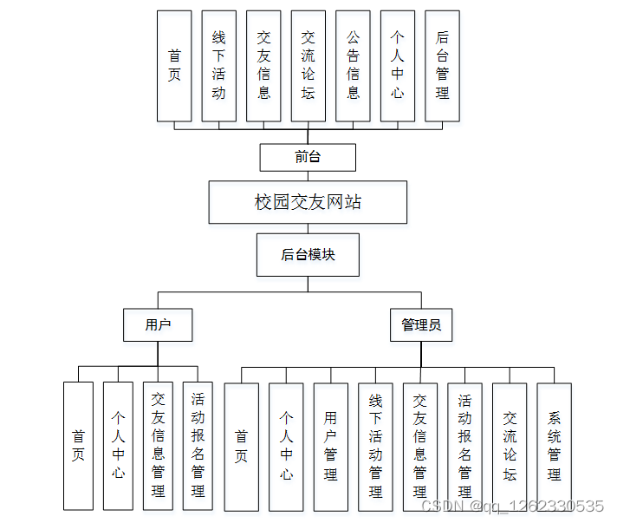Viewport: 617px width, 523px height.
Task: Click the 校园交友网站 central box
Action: pos(308,202)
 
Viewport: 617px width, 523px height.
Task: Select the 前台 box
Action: pos(308,157)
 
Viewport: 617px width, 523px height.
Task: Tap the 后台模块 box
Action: pos(308,254)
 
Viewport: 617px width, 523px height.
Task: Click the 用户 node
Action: pos(158,325)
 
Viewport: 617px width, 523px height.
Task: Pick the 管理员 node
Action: pos(421,325)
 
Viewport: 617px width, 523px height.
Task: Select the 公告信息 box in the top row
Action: pos(353,66)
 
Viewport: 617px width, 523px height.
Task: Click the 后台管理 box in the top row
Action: pos(442,66)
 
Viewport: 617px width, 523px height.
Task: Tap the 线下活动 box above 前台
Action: pos(218,66)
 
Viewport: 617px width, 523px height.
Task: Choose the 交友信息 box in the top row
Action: pos(263,66)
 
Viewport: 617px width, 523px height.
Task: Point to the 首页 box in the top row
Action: pos(174,66)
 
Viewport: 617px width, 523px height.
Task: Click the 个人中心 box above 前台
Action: pos(397,66)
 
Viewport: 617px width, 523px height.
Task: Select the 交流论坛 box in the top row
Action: pos(308,66)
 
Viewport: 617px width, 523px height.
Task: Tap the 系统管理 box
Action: pos(555,446)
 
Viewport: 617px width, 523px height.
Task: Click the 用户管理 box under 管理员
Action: pos(331,446)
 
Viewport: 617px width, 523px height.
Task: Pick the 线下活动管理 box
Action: pos(375,446)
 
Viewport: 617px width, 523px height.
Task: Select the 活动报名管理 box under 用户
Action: pos(198,446)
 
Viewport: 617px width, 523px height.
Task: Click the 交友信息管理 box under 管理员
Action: pos(420,446)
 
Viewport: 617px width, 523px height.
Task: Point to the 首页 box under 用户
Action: pos(78,446)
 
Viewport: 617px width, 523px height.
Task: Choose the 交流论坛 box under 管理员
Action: pos(510,446)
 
